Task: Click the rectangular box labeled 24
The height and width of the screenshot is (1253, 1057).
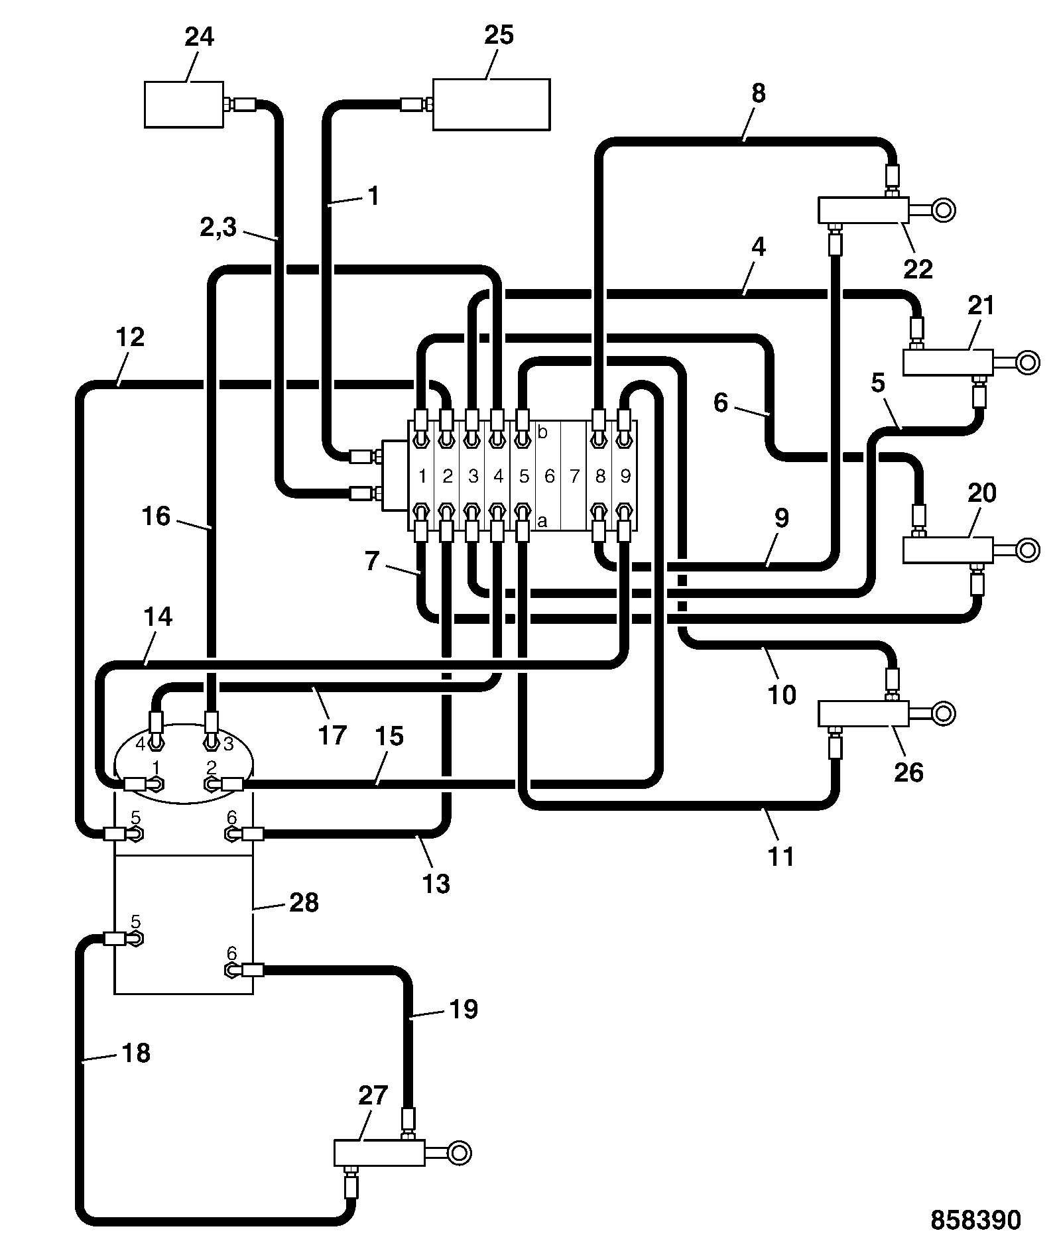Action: [184, 104]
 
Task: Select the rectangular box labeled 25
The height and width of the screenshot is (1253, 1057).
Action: [491, 104]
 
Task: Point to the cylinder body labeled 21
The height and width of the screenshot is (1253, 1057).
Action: [948, 363]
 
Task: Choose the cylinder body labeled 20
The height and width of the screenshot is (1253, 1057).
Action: [948, 550]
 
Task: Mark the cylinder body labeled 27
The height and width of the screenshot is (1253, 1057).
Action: [379, 1153]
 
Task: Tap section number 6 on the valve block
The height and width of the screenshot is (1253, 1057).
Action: [549, 476]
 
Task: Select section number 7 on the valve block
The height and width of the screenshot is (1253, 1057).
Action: [574, 476]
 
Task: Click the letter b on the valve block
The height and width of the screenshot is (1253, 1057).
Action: [542, 433]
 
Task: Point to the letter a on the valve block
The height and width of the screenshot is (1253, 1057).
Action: [542, 522]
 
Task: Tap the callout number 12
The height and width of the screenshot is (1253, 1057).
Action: [130, 337]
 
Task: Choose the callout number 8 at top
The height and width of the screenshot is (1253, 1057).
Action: [759, 93]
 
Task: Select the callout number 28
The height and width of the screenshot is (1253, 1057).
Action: [304, 902]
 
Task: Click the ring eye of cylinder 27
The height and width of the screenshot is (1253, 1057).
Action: [459, 1152]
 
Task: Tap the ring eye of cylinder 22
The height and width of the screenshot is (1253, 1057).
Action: [943, 210]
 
